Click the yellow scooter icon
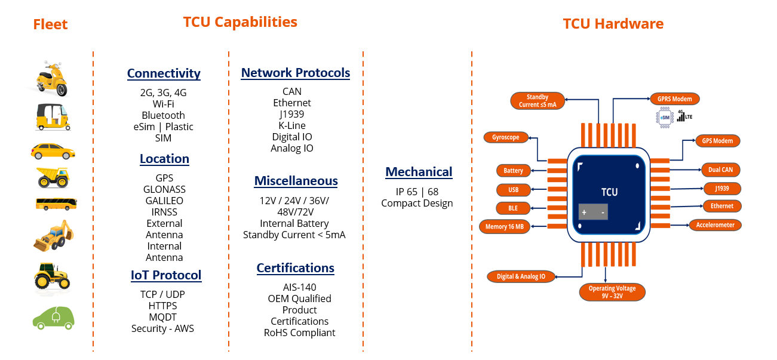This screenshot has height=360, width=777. point(52,79)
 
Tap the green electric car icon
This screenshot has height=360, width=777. point(54,318)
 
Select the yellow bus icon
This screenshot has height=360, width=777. point(56,204)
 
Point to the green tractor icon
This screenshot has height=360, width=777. point(52,276)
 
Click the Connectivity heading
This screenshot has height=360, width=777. point(164,73)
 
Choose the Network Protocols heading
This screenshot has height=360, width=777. point(296,72)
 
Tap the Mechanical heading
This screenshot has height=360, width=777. point(419,172)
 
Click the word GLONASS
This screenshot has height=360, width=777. point(164,189)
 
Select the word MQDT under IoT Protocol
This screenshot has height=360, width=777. point(162,317)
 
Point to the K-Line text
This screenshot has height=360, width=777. point(292,125)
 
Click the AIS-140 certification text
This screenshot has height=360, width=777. point(300,287)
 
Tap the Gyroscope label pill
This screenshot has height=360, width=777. point(506,137)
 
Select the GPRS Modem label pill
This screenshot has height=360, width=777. point(675,99)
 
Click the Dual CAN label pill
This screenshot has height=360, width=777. point(720,170)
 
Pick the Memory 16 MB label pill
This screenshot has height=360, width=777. point(504,226)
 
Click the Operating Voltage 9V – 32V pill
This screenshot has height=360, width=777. point(612,292)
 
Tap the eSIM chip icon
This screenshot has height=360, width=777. point(665,118)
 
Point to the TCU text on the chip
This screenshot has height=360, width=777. point(609,192)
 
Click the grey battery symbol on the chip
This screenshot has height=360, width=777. point(593,212)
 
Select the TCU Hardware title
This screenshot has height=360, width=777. point(613,24)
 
